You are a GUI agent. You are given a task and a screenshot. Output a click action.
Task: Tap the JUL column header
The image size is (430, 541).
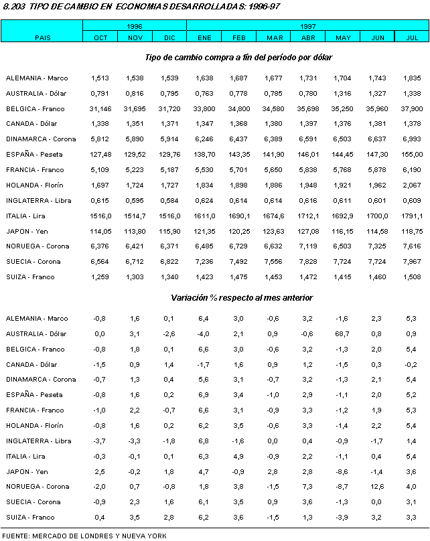coord(413,37)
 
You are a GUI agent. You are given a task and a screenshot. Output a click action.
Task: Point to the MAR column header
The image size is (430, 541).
coord(274,37)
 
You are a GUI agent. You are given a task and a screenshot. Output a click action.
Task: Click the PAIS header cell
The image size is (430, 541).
coord(42,37)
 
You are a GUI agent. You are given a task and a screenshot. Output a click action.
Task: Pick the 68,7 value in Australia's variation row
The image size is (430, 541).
coord(343,333)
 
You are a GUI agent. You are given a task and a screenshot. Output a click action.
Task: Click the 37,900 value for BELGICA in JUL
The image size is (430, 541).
coord(413,108)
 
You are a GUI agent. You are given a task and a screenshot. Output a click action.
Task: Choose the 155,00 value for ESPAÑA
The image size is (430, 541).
coord(413,154)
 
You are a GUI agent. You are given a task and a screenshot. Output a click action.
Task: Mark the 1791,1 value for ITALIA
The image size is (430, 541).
coord(413,216)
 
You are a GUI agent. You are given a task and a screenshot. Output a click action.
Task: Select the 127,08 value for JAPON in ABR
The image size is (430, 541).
coord(308,231)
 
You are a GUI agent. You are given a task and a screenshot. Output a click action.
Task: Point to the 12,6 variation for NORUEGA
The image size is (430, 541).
coord(378,487)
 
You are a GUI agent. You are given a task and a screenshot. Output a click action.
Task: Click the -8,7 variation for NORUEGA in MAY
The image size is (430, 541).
coord(343,487)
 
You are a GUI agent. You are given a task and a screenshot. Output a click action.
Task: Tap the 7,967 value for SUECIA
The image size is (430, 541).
coord(413,262)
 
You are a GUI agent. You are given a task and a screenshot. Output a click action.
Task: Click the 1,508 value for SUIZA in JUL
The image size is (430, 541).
coord(413,277)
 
